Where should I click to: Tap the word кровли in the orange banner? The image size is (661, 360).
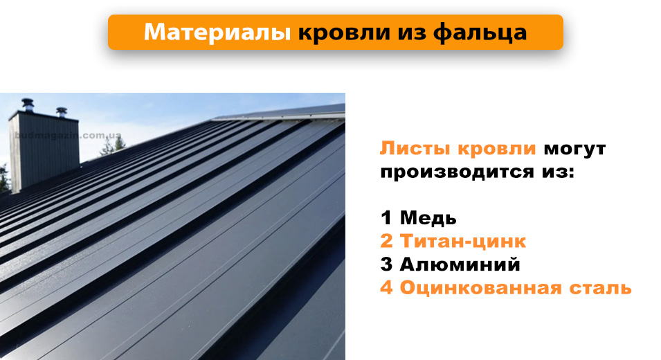click(x=338, y=33)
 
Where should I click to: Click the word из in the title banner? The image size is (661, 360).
click(x=408, y=33)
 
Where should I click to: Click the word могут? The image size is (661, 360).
click(x=574, y=149)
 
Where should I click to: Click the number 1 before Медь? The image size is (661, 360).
click(x=386, y=218)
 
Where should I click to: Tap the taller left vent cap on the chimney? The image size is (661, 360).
click(x=28, y=104)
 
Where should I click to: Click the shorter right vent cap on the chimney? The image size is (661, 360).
click(x=61, y=111)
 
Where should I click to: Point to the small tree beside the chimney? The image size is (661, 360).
click(x=119, y=143)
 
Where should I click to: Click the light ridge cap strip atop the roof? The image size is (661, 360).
click(x=277, y=113)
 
